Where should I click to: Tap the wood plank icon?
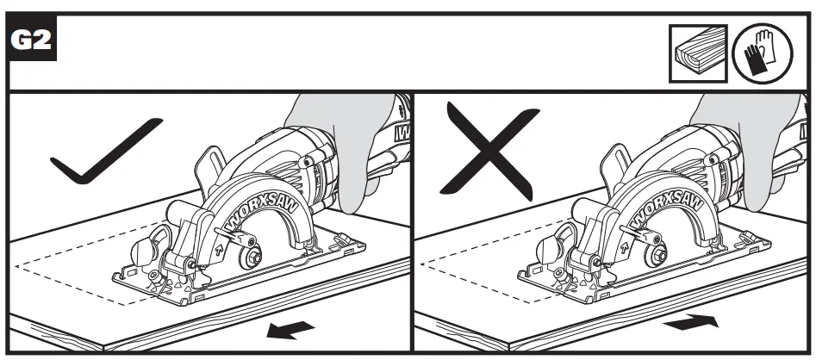[x=699, y=53]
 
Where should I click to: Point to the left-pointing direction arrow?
[x=290, y=329]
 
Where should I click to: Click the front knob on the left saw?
[x=144, y=253]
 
